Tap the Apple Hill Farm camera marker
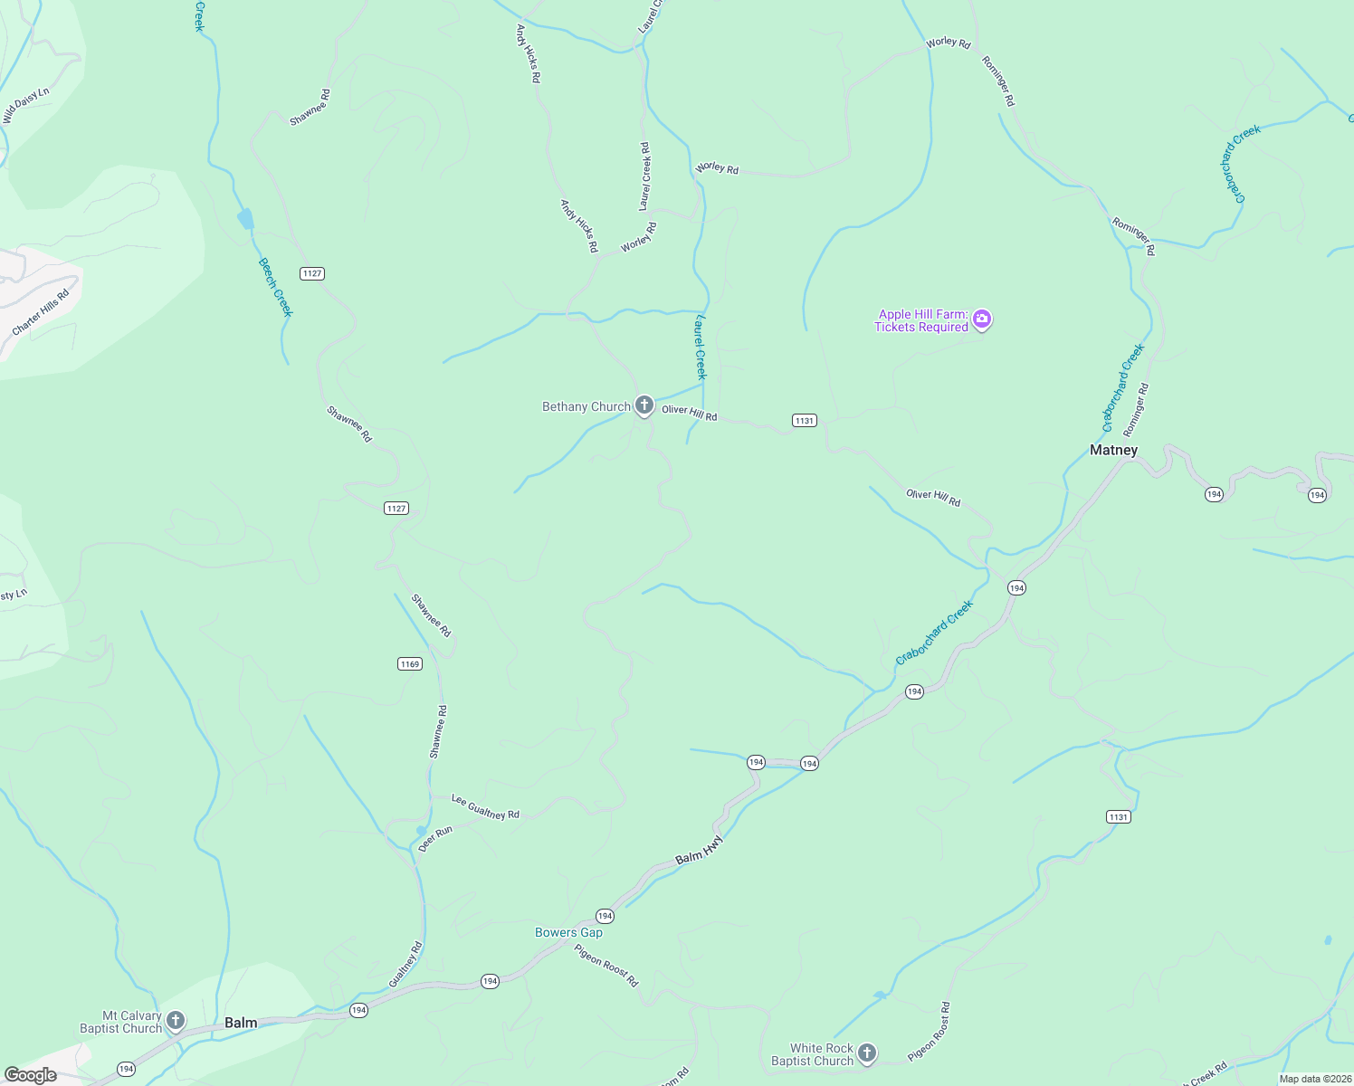[x=982, y=319]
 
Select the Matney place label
[x=1113, y=450]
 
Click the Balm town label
[x=241, y=1023]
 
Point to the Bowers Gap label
[x=568, y=932]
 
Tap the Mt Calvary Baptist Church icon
[x=176, y=1021]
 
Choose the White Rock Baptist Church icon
[x=866, y=1053]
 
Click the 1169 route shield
[x=410, y=664]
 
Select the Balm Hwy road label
[x=700, y=851]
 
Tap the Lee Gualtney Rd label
[x=485, y=807]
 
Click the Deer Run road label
[x=435, y=839]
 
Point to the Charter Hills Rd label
[x=41, y=312]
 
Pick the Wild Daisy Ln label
[x=25, y=106]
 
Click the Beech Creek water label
[x=276, y=288]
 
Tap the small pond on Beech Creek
[x=245, y=219]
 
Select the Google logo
[x=30, y=1075]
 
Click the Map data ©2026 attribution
[x=1314, y=1079]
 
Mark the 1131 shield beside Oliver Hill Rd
[x=804, y=420]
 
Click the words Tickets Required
[x=920, y=328]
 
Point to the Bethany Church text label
[x=586, y=407]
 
